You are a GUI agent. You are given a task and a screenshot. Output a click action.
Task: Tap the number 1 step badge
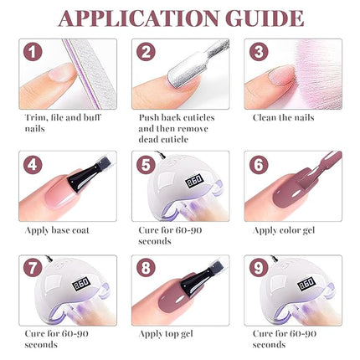coord(33,53)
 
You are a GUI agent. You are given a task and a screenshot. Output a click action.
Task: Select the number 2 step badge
coord(146,53)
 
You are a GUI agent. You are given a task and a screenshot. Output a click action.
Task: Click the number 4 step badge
coord(33,165)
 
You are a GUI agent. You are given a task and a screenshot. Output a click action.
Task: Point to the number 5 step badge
coord(146,165)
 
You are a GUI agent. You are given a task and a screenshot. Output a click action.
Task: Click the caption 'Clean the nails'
coord(283,118)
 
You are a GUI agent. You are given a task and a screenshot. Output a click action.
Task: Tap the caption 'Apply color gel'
coord(285,229)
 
